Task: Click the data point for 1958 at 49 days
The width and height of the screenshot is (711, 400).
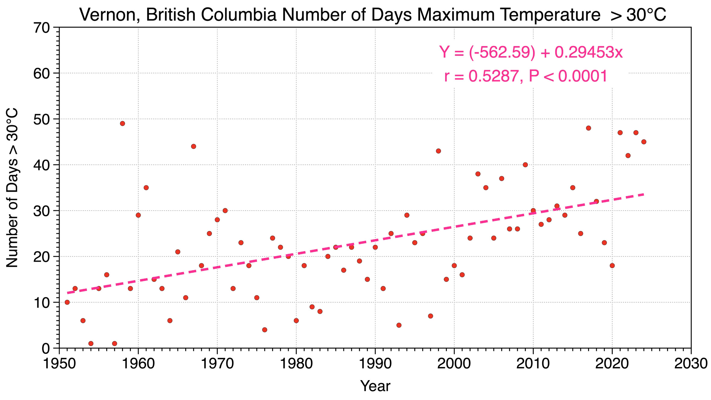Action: pyautogui.click(x=122, y=123)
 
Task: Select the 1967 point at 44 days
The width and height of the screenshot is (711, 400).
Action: pyautogui.click(x=193, y=146)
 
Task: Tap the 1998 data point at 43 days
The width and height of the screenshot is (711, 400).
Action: pyautogui.click(x=438, y=151)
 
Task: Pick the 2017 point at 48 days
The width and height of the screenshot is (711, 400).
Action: pyautogui.click(x=588, y=128)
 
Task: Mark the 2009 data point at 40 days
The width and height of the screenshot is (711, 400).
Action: pyautogui.click(x=525, y=165)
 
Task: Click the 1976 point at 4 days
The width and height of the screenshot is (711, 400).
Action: pyautogui.click(x=265, y=330)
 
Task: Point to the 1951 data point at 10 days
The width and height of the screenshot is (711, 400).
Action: pyautogui.click(x=67, y=302)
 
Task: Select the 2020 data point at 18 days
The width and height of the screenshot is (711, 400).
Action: pyautogui.click(x=612, y=266)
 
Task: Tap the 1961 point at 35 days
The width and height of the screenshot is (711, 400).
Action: pyautogui.click(x=146, y=188)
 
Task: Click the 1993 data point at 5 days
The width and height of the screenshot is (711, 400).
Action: pyautogui.click(x=399, y=325)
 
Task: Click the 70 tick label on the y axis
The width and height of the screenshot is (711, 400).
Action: pyautogui.click(x=42, y=28)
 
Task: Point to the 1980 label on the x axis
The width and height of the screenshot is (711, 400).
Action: pyautogui.click(x=296, y=364)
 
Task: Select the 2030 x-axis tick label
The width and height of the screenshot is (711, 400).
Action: pyautogui.click(x=691, y=364)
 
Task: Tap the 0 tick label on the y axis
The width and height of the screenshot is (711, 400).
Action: pyautogui.click(x=46, y=349)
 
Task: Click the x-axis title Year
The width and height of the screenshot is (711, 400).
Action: pyautogui.click(x=375, y=386)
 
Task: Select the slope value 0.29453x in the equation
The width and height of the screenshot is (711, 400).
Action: pyautogui.click(x=588, y=52)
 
